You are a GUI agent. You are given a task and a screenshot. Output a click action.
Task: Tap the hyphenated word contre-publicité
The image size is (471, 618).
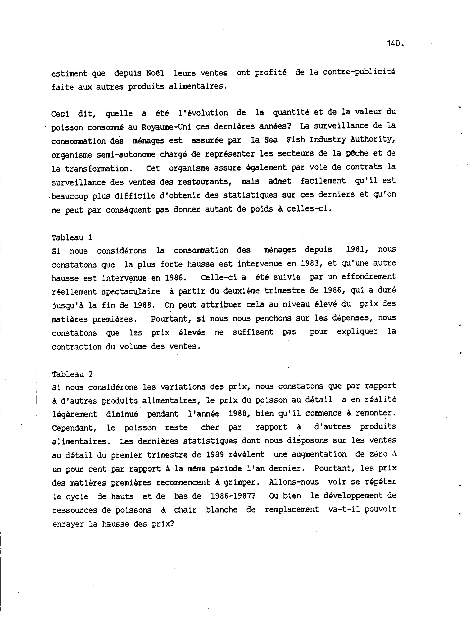tap(359, 72)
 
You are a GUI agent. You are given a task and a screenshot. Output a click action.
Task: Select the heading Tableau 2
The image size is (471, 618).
tap(72, 374)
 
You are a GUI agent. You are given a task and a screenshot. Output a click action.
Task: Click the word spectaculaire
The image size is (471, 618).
tap(131, 292)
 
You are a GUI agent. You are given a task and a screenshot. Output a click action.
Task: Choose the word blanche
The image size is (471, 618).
tap(221, 510)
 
